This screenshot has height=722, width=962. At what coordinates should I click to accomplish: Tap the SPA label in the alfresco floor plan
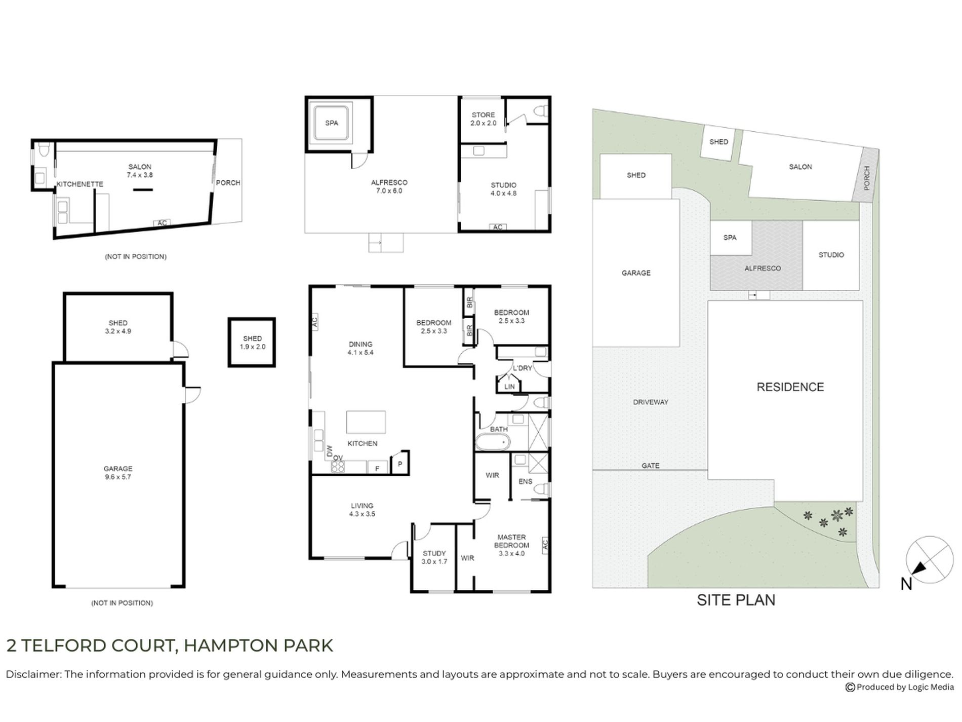[332, 123]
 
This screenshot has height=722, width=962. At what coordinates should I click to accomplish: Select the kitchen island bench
[366, 422]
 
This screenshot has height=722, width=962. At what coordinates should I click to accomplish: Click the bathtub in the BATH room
[492, 442]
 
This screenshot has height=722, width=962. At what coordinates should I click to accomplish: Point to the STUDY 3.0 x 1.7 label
[434, 557]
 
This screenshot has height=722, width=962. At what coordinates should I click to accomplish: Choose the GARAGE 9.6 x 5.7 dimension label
[118, 473]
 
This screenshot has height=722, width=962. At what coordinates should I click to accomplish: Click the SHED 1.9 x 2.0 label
[252, 343]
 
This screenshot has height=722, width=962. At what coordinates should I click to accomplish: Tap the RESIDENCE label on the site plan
[790, 387]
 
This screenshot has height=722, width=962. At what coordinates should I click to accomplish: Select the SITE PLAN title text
[736, 600]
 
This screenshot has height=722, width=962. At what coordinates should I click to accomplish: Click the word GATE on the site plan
[651, 466]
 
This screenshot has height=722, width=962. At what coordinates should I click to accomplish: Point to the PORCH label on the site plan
[867, 178]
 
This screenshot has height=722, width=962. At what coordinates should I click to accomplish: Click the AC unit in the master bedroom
[545, 545]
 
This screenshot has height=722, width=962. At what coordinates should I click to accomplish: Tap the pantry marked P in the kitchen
[400, 464]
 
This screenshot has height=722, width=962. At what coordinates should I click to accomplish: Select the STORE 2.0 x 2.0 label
[483, 119]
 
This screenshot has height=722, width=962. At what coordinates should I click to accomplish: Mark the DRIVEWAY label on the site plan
[651, 402]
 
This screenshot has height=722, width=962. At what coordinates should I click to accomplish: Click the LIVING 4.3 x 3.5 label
[362, 510]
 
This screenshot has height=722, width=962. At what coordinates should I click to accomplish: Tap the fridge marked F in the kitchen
[377, 468]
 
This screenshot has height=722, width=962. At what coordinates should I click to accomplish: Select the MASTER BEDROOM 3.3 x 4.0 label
[511, 545]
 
